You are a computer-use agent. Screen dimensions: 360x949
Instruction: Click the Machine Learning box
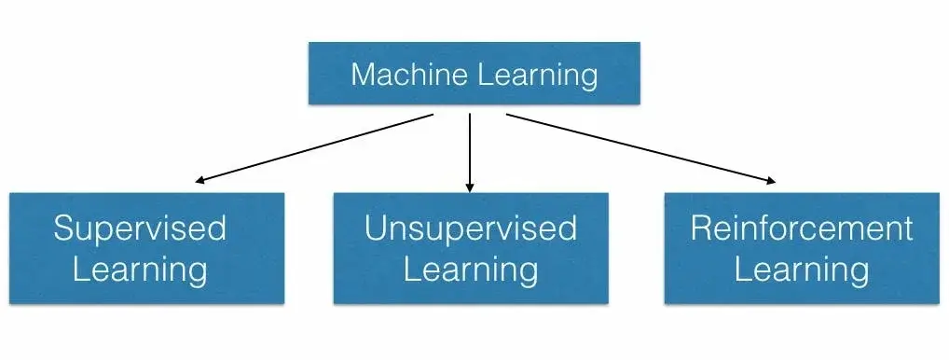[474, 74]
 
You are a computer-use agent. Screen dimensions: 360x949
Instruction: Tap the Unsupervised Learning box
[471, 248]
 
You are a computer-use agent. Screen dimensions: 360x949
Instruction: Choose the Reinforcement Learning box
[802, 248]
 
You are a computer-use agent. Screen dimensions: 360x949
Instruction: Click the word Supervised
[140, 228]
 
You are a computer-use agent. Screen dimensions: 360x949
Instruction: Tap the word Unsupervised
[471, 228]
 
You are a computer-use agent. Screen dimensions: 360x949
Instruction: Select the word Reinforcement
[802, 228]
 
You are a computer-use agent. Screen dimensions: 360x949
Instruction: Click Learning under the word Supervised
[140, 270]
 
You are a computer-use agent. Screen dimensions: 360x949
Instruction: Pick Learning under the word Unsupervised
[471, 270]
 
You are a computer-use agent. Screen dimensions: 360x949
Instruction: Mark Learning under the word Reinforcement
[802, 270]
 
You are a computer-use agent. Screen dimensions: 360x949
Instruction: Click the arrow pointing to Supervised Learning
[317, 147]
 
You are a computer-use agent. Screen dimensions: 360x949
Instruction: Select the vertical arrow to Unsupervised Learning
[470, 149]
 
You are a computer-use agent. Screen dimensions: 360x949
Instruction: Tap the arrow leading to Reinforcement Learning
[639, 147]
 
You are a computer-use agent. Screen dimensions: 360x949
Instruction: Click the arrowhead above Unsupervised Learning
[470, 187]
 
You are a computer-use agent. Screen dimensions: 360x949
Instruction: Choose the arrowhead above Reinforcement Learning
[770, 181]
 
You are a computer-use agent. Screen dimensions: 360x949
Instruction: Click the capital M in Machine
[364, 74]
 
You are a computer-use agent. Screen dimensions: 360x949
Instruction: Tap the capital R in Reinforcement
[701, 228]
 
